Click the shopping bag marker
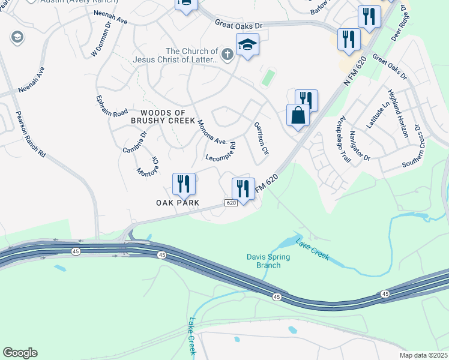pos(298,114)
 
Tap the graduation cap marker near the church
pos(247,44)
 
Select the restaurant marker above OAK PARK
pos(183,184)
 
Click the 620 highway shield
pos(232,203)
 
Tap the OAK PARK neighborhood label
pos(178,203)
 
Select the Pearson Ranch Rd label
pos(31,134)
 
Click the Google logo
pos(20,353)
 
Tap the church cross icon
pos(227,55)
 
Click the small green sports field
pos(268,77)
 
